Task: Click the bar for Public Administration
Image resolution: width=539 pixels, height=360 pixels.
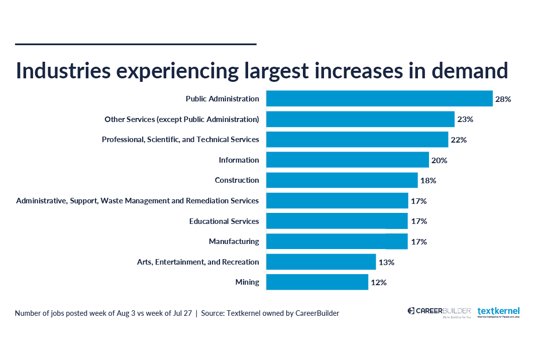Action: [x=379, y=98]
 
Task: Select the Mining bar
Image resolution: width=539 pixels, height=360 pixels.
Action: [x=317, y=282]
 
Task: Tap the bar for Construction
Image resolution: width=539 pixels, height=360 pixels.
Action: [x=342, y=180]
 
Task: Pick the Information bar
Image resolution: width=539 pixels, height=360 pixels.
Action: [x=347, y=160]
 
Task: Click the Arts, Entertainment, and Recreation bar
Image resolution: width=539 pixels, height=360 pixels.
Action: [x=321, y=262]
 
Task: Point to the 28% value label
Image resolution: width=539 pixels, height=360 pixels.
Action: [x=503, y=99]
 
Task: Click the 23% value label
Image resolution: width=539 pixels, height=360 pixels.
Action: [x=465, y=119]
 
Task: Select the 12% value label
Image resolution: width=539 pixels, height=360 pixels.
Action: [x=379, y=283]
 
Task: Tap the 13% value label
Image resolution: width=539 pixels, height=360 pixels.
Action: [x=386, y=262]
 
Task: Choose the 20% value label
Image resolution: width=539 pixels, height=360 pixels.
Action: [x=439, y=161]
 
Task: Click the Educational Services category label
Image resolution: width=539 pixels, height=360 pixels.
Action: [x=224, y=221]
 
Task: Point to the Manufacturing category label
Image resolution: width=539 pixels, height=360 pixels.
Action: [x=234, y=242]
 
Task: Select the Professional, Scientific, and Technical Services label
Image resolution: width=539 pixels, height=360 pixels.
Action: [x=180, y=140]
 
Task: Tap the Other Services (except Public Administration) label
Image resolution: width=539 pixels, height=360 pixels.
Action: [x=181, y=119]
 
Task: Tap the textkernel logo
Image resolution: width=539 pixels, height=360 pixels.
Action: [x=498, y=312]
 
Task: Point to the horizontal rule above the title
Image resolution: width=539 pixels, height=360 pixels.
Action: [x=136, y=44]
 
